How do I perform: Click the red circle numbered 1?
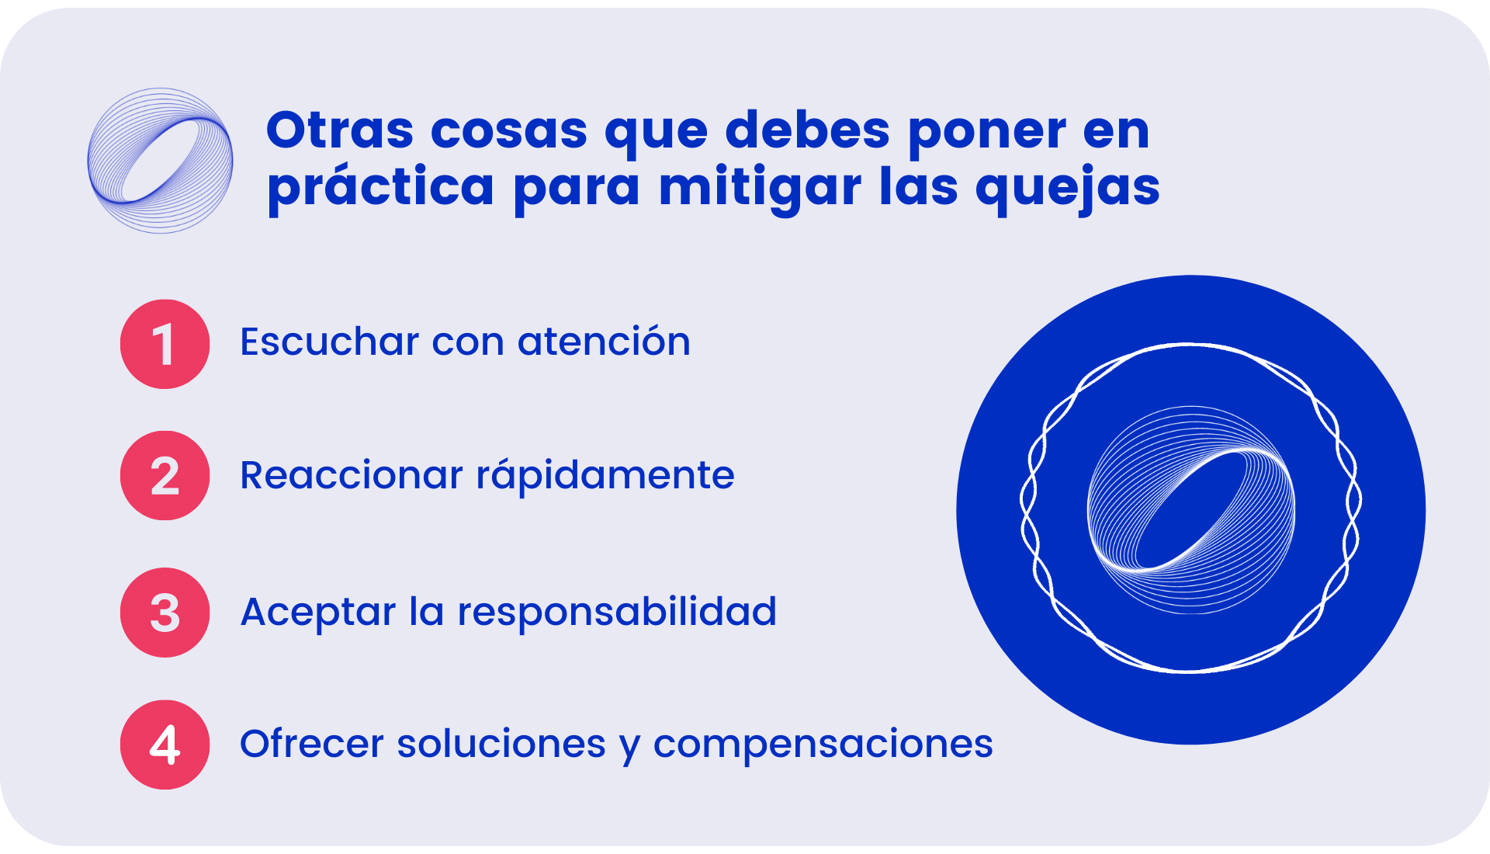(165, 344)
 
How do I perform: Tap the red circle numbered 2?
(165, 475)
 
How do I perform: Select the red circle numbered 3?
(165, 613)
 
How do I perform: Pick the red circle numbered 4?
(165, 745)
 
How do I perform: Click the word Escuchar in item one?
(330, 342)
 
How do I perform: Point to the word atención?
(604, 342)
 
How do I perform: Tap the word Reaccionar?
(352, 475)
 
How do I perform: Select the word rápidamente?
(605, 475)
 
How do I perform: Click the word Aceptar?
(318, 613)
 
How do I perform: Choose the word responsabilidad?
(617, 613)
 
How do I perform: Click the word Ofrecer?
(312, 744)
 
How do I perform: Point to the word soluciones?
(501, 744)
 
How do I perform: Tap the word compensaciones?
(823, 745)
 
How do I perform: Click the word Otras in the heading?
(340, 130)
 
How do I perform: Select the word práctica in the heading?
(380, 188)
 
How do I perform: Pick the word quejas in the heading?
(1068, 188)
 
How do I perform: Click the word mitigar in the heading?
(760, 188)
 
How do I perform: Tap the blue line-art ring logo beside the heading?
(161, 161)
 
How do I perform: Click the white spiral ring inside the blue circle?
(1191, 510)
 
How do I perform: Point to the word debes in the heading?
(807, 130)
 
